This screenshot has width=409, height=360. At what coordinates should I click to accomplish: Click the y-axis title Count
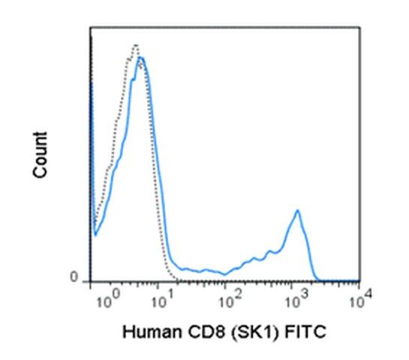pos(41,155)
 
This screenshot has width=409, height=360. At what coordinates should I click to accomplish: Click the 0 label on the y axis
pos(74,277)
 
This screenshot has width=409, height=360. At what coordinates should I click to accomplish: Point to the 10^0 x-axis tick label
pos(108,300)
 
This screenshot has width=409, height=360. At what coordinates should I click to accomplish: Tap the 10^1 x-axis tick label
pos(163,300)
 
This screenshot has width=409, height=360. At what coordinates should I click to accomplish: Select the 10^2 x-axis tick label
pos(230,300)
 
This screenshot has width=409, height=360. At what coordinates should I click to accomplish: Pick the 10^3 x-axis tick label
pos(296,300)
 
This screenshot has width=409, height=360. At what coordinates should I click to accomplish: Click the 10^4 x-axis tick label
pos(361,300)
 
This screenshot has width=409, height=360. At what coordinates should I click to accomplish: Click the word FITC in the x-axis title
pos(305,332)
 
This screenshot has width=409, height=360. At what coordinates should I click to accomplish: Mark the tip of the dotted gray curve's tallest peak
pos(136,45)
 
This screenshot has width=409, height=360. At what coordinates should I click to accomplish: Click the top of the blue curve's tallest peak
pos(141,57)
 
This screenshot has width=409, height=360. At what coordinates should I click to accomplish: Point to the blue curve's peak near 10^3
pos(297,210)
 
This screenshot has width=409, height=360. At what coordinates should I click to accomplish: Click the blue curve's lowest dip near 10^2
pos(225,274)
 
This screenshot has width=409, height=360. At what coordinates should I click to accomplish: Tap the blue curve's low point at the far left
pos(95,235)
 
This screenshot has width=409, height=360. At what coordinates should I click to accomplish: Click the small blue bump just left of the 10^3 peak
pos(269,250)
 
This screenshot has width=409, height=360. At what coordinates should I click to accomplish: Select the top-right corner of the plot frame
pos(359,27)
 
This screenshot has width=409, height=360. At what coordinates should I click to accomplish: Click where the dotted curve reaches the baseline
pos(178,280)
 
